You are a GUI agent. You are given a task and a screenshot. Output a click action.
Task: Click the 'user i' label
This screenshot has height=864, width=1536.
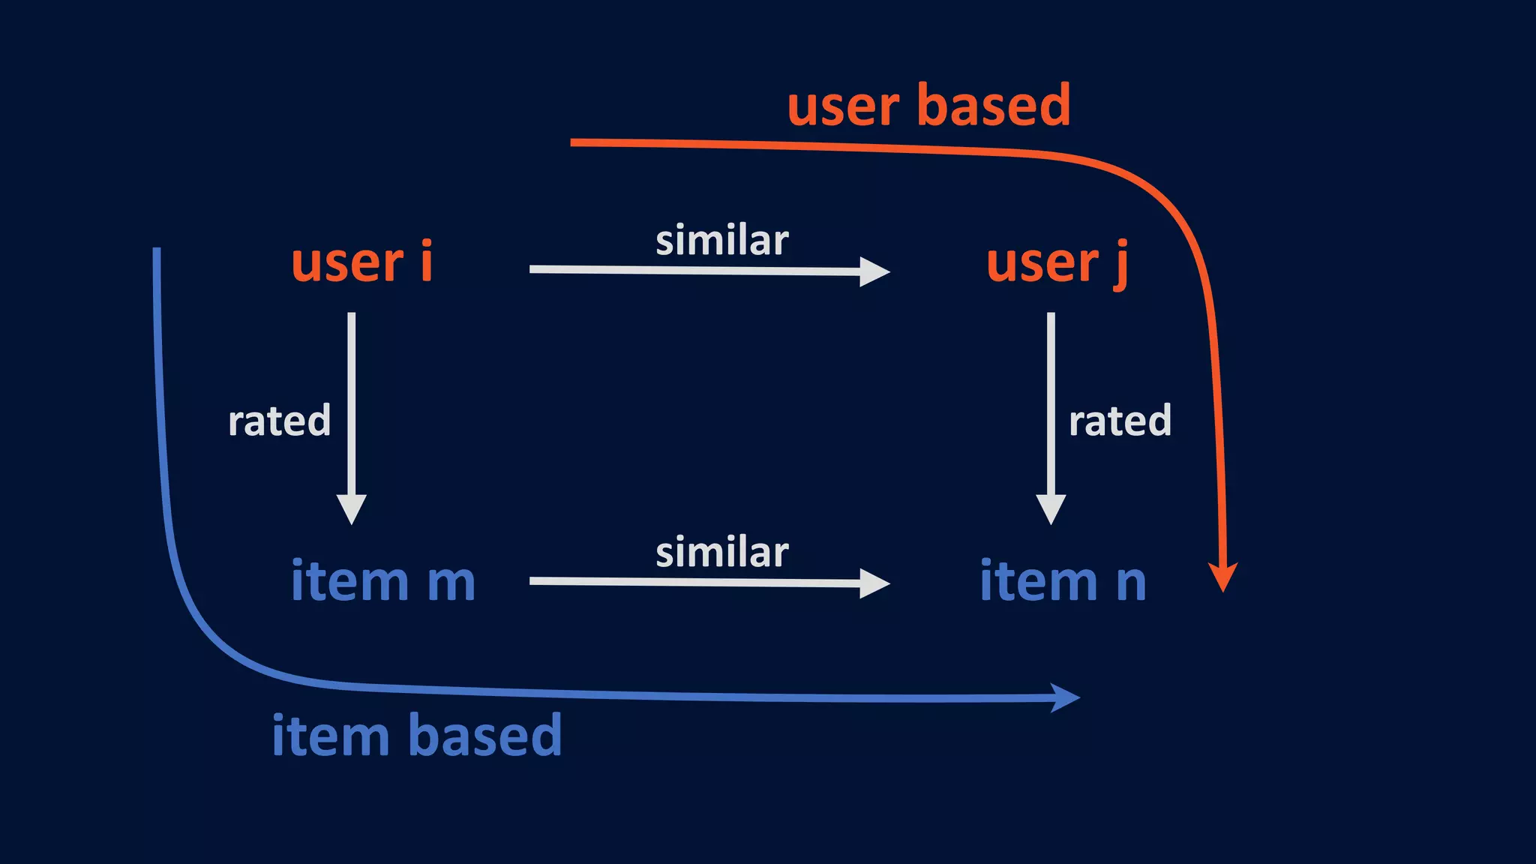tap(361, 262)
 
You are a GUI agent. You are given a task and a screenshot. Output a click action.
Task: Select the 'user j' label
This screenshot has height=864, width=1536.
tap(1056, 264)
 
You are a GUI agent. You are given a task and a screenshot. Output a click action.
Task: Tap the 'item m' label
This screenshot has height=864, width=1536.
tap(382, 581)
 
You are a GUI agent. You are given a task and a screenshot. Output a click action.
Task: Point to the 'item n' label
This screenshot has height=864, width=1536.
tap(1063, 581)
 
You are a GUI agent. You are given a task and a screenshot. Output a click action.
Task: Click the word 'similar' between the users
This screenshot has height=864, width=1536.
tap(721, 241)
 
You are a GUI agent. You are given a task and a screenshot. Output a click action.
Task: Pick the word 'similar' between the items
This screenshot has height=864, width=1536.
tap(721, 553)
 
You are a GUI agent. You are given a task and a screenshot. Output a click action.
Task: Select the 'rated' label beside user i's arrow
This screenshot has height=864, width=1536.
tap(279, 421)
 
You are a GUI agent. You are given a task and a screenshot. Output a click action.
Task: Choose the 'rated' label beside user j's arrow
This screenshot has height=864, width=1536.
tap(1120, 421)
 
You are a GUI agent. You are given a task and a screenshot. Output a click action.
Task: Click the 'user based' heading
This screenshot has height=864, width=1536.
tap(928, 106)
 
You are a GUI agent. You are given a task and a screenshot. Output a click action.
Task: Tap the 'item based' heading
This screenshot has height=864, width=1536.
tap(416, 736)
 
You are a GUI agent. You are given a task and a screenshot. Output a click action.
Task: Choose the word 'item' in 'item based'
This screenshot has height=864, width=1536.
tap(330, 736)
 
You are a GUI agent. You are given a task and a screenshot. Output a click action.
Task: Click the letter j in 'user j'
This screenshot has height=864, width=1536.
tap(1120, 265)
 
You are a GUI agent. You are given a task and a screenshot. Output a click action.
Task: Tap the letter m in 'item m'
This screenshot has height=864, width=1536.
tap(451, 583)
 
